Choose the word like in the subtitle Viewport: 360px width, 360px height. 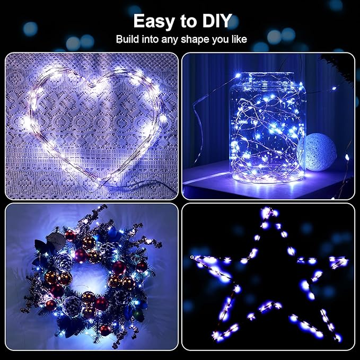[x=238, y=40]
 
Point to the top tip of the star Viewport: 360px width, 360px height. [x=268, y=212]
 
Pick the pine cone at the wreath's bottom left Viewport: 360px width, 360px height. [x=71, y=304]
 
